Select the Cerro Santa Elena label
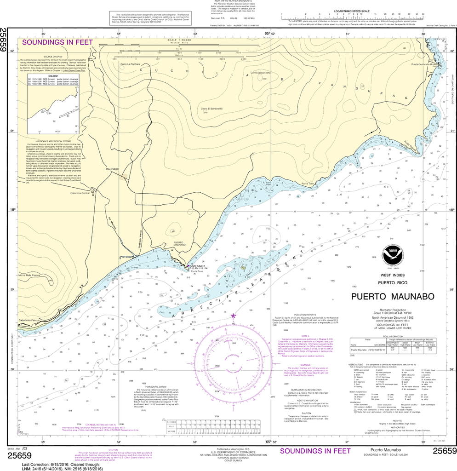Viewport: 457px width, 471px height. [x=260, y=73]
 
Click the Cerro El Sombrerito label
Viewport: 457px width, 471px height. [x=211, y=109]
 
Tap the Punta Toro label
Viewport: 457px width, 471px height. [x=308, y=184]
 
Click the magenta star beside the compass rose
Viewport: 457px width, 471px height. [x=233, y=316]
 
